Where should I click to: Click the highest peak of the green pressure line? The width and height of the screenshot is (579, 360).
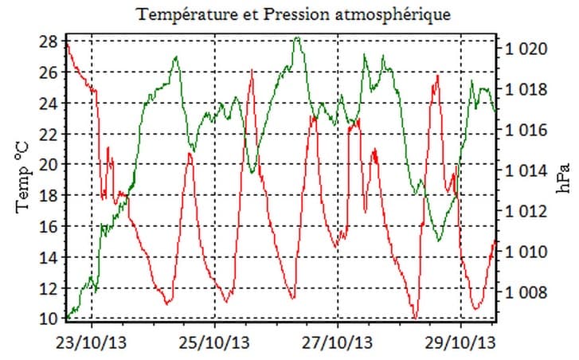(297, 37)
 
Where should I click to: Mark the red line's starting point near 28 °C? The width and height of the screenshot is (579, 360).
(68, 44)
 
